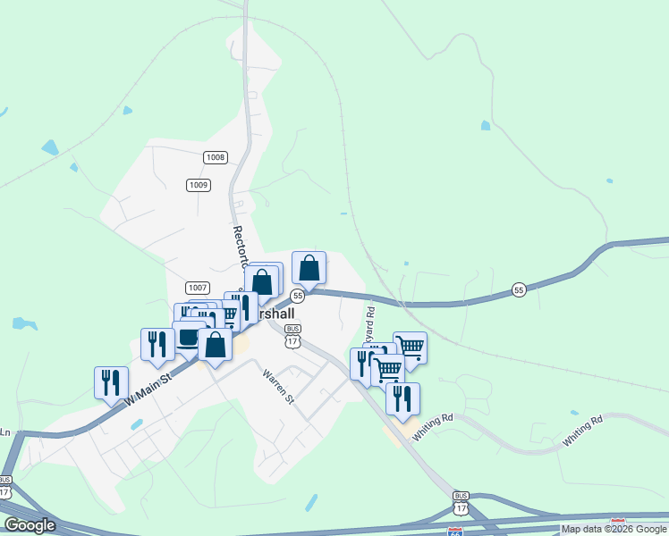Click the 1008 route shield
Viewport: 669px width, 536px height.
(x=216, y=158)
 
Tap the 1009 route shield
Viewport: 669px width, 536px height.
(x=199, y=185)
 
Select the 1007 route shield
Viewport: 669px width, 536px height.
(x=198, y=288)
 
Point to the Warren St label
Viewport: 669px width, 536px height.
(x=277, y=387)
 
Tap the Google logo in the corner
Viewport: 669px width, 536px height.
(x=30, y=525)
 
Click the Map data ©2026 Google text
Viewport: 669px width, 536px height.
(x=614, y=529)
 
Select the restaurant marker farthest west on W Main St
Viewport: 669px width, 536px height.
(x=111, y=381)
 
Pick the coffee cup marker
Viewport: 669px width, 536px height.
(x=188, y=338)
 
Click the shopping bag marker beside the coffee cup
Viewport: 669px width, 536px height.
(x=216, y=344)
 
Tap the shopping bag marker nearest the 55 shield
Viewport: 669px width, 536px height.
(x=309, y=267)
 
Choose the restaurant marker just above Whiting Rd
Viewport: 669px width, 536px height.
(x=402, y=398)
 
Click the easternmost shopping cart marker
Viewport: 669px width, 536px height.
(x=410, y=347)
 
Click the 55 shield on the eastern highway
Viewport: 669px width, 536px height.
(x=519, y=289)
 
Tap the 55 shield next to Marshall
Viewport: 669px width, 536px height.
(x=298, y=296)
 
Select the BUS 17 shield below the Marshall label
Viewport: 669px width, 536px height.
(x=293, y=335)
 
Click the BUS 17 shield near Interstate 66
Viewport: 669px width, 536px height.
(x=461, y=501)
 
